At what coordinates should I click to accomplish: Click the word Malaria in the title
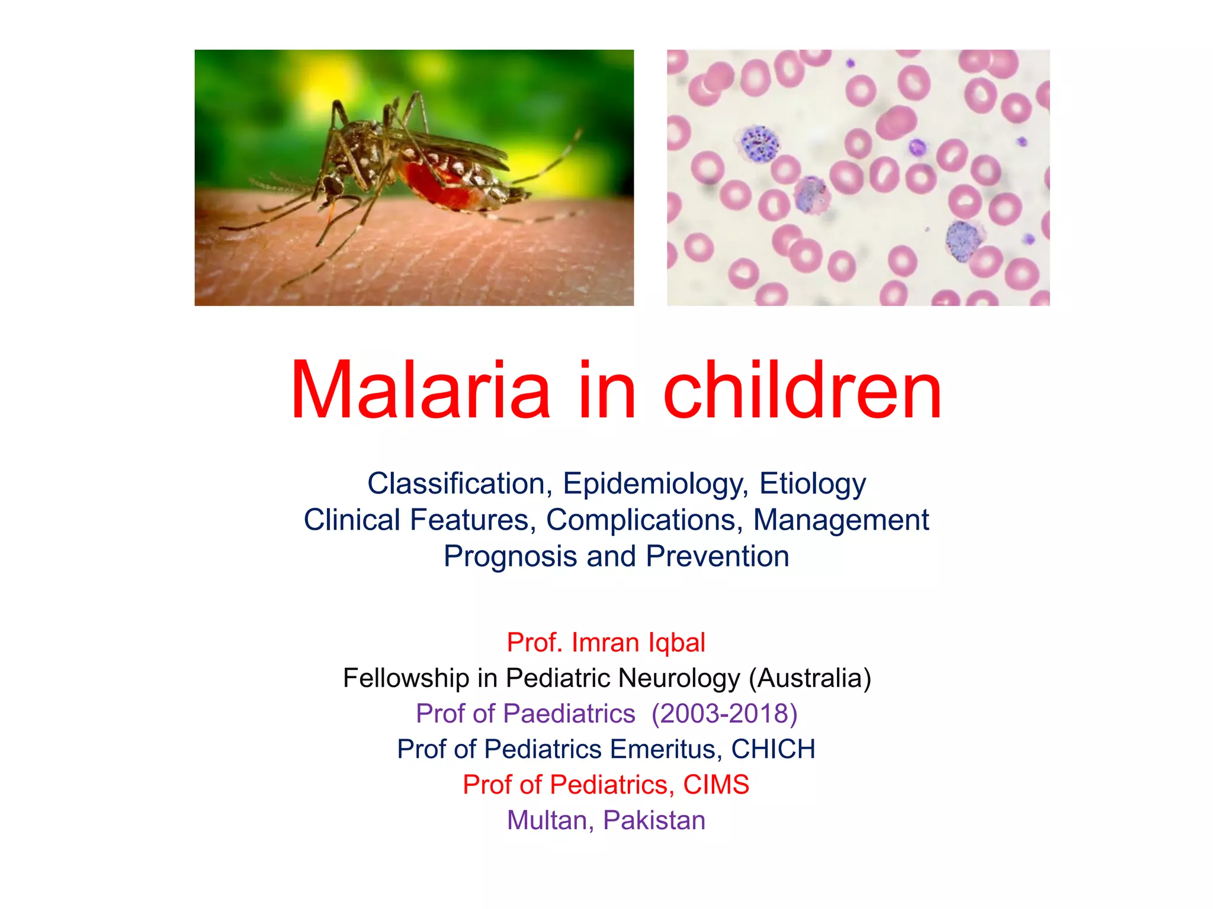(x=421, y=391)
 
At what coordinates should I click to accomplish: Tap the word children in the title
(x=803, y=391)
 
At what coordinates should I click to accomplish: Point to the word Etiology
(x=812, y=484)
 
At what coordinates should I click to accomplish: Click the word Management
(x=840, y=520)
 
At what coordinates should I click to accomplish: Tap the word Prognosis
(x=510, y=557)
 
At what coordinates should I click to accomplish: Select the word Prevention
(x=717, y=556)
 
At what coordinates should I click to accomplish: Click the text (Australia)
(x=810, y=678)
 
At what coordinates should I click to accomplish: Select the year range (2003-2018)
(x=724, y=714)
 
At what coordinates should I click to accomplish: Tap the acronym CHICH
(x=773, y=749)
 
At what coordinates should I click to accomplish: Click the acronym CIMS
(x=716, y=785)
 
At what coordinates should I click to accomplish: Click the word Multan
(x=550, y=820)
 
